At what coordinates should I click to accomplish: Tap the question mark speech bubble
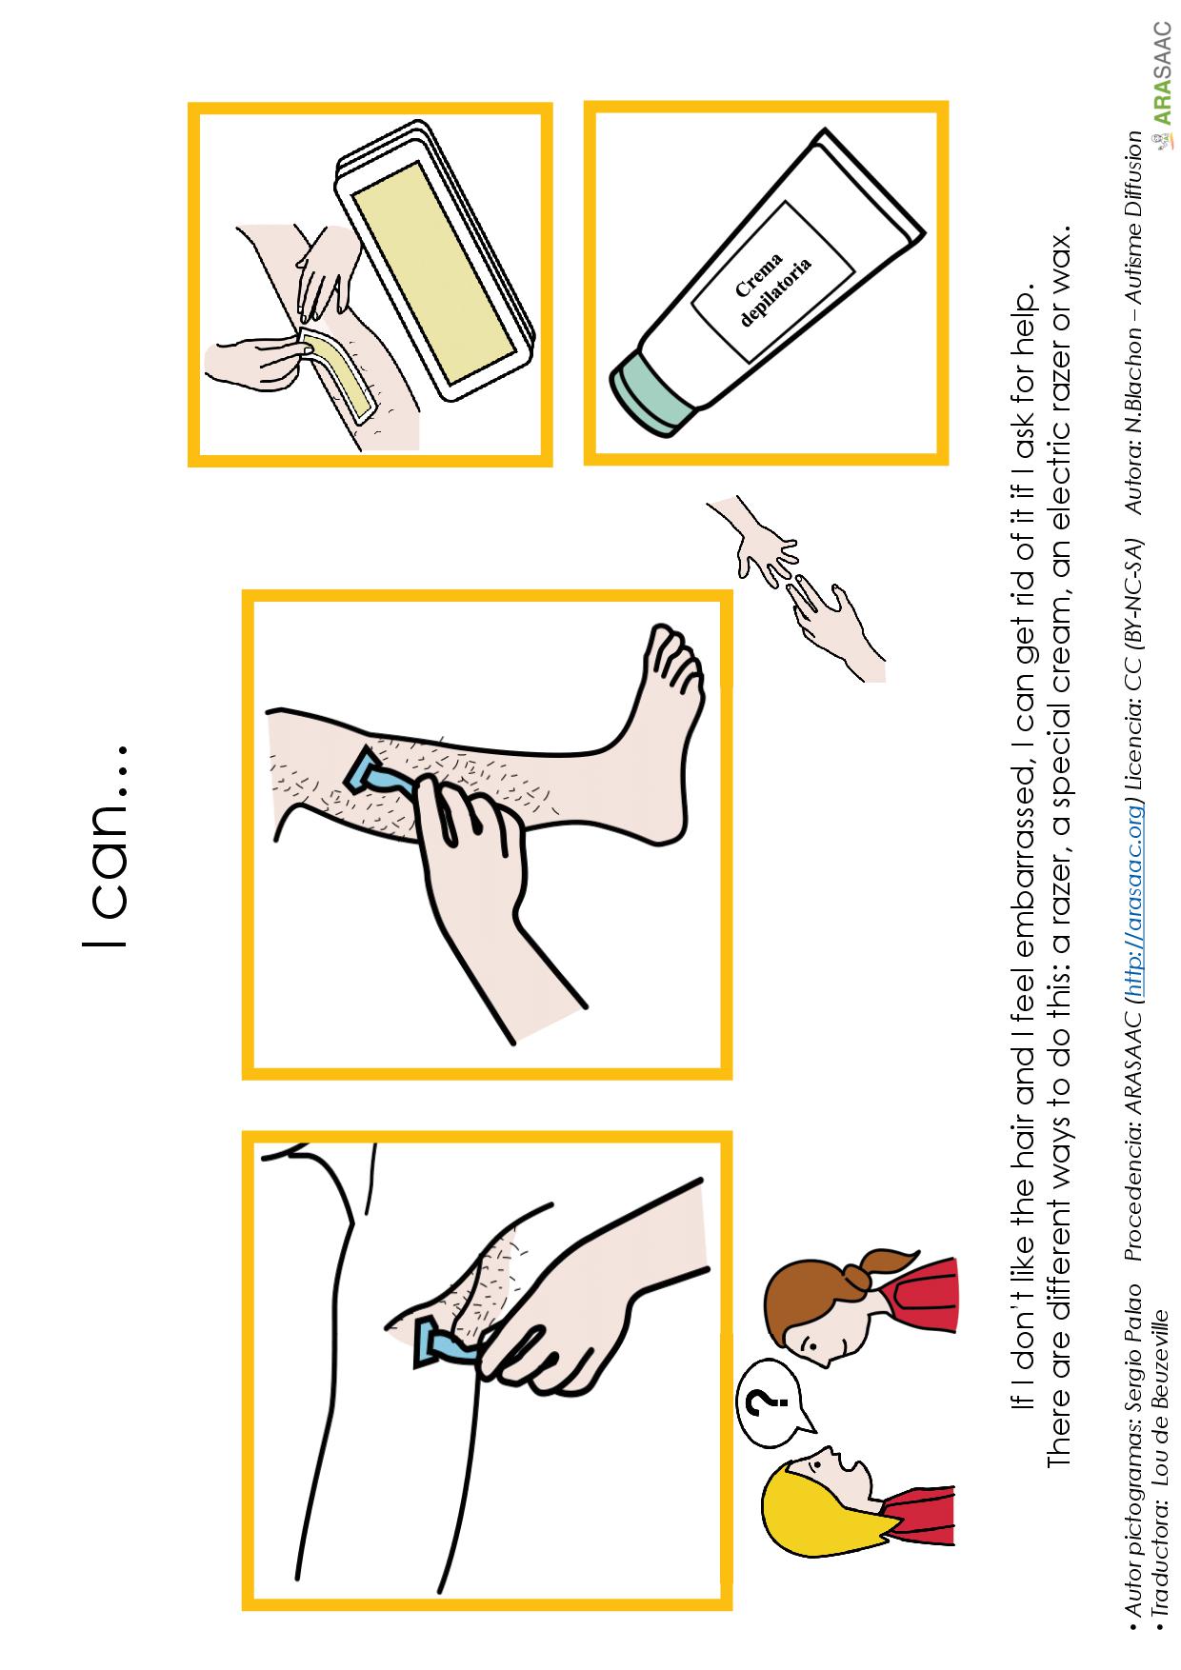point(777,1401)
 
